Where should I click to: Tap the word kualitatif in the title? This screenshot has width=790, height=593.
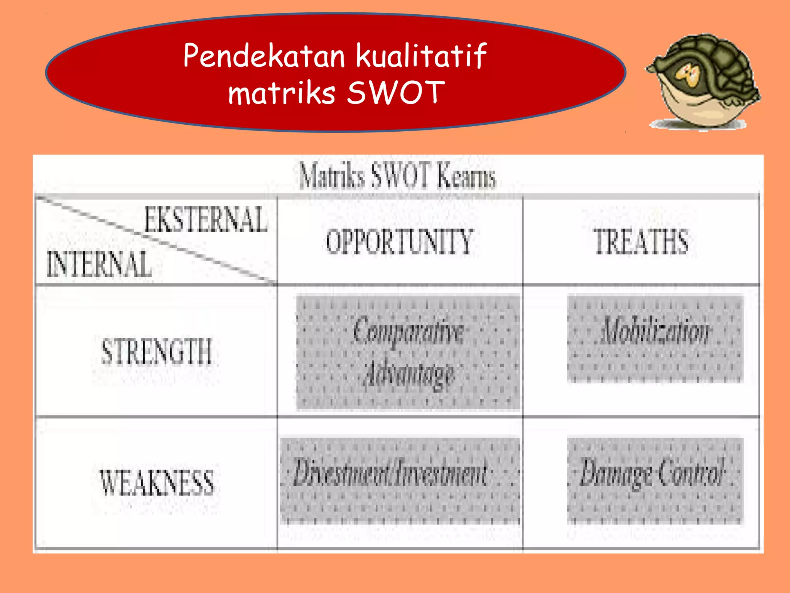[421, 56]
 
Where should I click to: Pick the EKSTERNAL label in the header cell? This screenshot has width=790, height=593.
[206, 220]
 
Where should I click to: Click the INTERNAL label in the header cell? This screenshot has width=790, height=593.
[99, 264]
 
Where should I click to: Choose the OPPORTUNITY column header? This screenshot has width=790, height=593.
[399, 242]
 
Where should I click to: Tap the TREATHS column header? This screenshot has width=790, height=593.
[641, 242]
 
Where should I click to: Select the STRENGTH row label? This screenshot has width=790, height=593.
[157, 351]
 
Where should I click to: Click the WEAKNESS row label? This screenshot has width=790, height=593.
[157, 483]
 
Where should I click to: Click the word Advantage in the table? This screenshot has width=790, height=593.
[409, 374]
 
